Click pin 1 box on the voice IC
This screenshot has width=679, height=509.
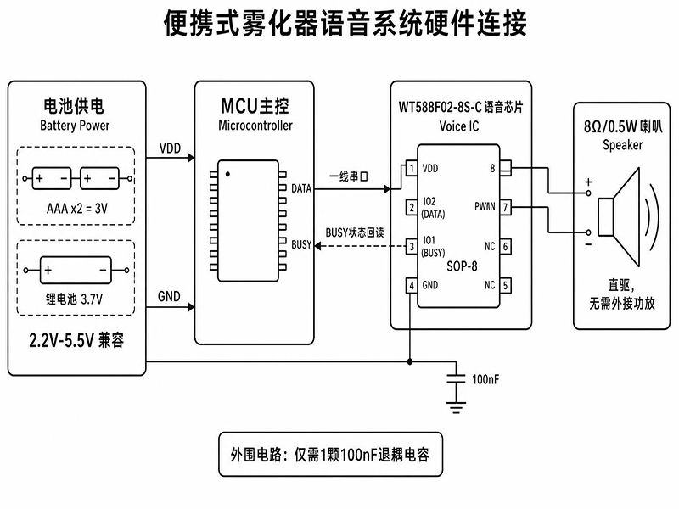pyautogui.click(x=412, y=168)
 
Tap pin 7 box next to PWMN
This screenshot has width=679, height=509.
pyautogui.click(x=505, y=208)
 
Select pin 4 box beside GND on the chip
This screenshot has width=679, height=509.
pyautogui.click(x=412, y=285)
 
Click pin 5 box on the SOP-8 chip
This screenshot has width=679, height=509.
pyautogui.click(x=505, y=285)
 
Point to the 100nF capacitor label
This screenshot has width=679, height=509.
pyautogui.click(x=485, y=379)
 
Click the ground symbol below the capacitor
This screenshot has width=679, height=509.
pyautogui.click(x=456, y=408)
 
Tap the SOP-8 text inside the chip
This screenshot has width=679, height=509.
pyautogui.click(x=462, y=266)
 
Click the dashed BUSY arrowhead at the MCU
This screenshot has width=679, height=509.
pyautogui.click(x=317, y=246)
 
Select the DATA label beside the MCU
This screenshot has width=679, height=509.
pyautogui.click(x=301, y=188)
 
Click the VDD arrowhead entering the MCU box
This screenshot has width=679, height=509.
pyautogui.click(x=191, y=158)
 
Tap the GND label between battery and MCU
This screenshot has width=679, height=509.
pyautogui.click(x=169, y=296)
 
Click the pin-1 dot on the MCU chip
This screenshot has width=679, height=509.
pyautogui.click(x=227, y=174)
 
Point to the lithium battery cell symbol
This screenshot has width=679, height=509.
pyautogui.click(x=76, y=270)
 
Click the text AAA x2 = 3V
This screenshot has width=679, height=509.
pyautogui.click(x=77, y=209)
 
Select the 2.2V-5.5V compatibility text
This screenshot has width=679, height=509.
pyautogui.click(x=76, y=341)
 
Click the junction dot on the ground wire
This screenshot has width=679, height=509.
pyautogui.click(x=410, y=362)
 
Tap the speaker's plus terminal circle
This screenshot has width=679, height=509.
pyautogui.click(x=588, y=193)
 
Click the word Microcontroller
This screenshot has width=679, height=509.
pyautogui.click(x=255, y=126)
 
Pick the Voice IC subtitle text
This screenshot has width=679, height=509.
pyautogui.click(x=459, y=126)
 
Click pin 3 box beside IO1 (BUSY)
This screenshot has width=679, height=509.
pyautogui.click(x=412, y=247)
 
